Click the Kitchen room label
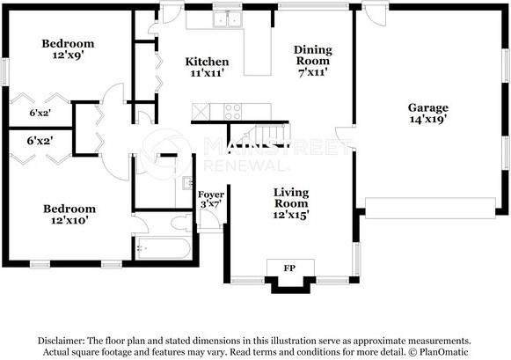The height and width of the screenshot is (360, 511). (x=207, y=62)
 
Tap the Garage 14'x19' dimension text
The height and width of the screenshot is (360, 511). (x=428, y=120)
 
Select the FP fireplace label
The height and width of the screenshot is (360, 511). (x=289, y=268)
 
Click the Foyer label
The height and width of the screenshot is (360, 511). (x=211, y=195)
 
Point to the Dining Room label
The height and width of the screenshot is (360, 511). (x=313, y=55)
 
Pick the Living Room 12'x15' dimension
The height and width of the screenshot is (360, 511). (x=291, y=215)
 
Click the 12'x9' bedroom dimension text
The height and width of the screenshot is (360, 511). (x=68, y=55)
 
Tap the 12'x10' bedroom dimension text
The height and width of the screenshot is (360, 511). (x=69, y=220)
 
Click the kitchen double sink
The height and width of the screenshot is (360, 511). (x=227, y=19)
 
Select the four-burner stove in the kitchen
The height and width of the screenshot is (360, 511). (x=233, y=112)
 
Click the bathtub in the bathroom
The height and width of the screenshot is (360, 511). (x=163, y=249)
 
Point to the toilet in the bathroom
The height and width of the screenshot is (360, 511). (x=182, y=223)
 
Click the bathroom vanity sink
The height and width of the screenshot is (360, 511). (x=187, y=182)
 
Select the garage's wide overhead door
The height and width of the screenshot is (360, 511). (x=430, y=208)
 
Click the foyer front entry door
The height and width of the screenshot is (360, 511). (x=210, y=219)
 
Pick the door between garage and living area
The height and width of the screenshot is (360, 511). (x=346, y=138)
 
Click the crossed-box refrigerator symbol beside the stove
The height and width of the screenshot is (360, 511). (x=201, y=112)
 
